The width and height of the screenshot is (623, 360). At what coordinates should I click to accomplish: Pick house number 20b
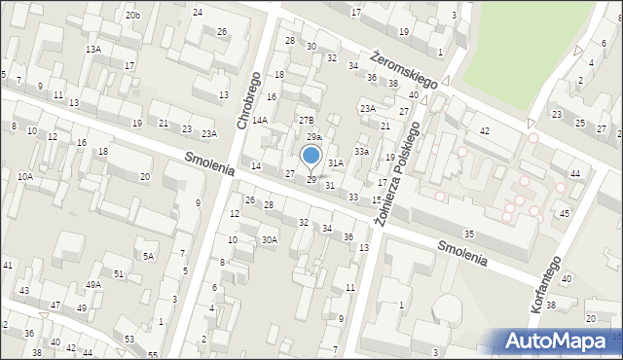tap(132, 16)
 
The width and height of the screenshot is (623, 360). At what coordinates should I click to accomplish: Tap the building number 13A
tap(93, 49)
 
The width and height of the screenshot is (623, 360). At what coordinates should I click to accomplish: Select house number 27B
tap(306, 119)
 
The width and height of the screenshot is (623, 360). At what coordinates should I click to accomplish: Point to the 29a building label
tap(313, 137)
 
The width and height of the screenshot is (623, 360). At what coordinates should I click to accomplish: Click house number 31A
tap(335, 162)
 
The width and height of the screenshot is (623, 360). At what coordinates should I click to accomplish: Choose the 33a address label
tap(361, 152)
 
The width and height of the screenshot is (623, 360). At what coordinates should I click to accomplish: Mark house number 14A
tap(260, 121)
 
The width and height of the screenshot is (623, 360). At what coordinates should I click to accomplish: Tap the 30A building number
tap(270, 239)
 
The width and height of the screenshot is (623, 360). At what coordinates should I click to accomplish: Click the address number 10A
tap(25, 176)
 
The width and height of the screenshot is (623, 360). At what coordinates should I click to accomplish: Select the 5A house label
tap(149, 256)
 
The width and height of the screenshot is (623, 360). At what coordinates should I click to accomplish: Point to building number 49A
tap(92, 284)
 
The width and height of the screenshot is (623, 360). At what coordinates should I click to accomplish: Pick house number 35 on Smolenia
tap(469, 234)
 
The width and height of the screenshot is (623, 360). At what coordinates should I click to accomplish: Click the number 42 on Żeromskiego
tap(485, 130)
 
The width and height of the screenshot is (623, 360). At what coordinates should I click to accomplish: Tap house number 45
tap(565, 212)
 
